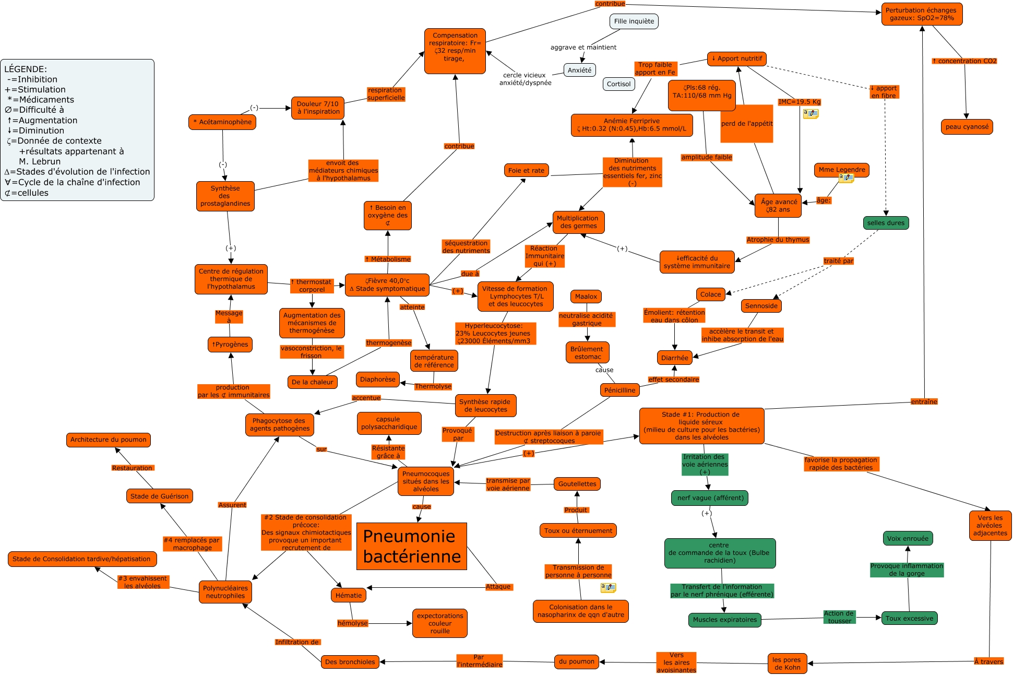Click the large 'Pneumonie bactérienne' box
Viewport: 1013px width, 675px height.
pos(411,546)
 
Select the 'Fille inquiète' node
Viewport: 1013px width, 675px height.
pos(634,21)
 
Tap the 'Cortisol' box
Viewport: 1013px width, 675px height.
pos(618,84)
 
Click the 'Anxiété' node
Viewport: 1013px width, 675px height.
pos(579,70)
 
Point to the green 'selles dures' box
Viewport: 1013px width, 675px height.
pos(886,223)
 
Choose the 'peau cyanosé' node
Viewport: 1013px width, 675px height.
pos(967,127)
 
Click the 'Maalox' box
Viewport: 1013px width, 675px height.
pos(586,297)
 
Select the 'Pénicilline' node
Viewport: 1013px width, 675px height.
pos(619,390)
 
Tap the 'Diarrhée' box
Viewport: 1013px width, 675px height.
pos(674,358)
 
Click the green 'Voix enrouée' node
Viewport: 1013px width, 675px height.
pos(908,538)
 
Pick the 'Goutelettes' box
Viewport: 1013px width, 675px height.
pos(577,484)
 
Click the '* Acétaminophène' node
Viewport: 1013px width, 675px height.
pos(222,122)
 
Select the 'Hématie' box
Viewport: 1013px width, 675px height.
pos(349,595)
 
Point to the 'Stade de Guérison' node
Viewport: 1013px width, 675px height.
pos(159,496)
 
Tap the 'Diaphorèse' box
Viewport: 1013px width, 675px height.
pos(377,380)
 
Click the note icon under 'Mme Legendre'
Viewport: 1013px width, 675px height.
pos(846,179)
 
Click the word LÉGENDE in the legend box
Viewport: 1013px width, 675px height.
pos(26,69)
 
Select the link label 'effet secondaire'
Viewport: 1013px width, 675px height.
pos(673,380)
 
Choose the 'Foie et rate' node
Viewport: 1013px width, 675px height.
pos(526,170)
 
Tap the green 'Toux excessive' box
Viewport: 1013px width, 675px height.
pos(909,619)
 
